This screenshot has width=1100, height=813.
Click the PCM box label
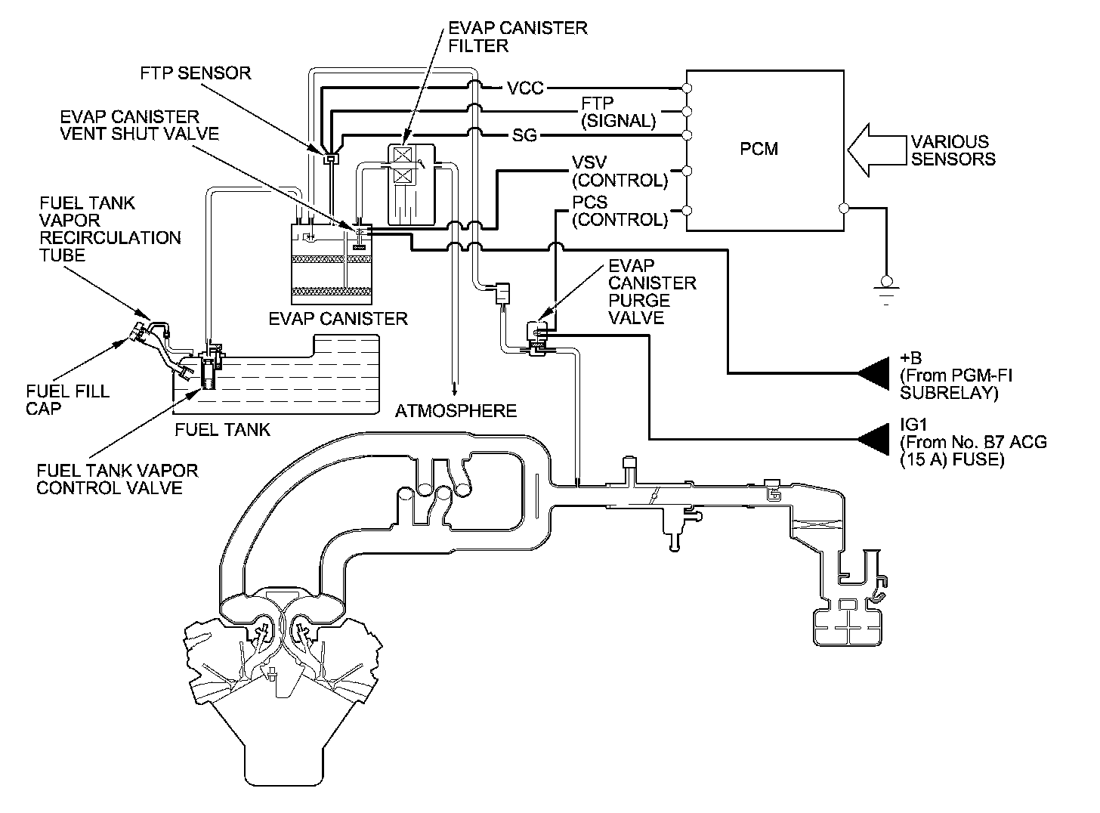click(759, 149)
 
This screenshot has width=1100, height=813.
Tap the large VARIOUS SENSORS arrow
click(873, 150)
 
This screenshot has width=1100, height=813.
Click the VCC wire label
click(525, 88)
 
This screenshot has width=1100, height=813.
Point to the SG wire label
click(525, 136)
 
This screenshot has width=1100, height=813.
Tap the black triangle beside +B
click(874, 373)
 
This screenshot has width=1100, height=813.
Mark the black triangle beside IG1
click(874, 439)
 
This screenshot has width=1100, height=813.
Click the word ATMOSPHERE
click(456, 411)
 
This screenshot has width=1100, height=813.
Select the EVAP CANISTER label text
click(338, 318)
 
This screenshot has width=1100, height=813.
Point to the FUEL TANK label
click(222, 430)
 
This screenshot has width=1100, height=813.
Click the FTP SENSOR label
click(196, 73)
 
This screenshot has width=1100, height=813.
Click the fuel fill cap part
click(139, 332)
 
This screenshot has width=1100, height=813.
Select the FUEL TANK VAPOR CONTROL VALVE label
click(117, 479)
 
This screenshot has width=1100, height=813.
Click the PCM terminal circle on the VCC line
click(687, 88)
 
